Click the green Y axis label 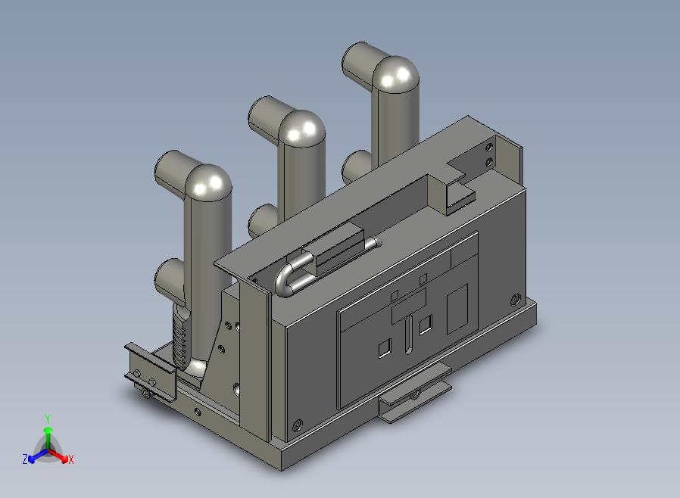[48, 419]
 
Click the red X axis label [70, 459]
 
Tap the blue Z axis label [25, 459]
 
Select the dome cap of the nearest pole [208, 182]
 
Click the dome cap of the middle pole [302, 129]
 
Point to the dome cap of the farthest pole [396, 74]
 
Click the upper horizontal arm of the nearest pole [175, 171]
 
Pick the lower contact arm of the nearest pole [169, 278]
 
